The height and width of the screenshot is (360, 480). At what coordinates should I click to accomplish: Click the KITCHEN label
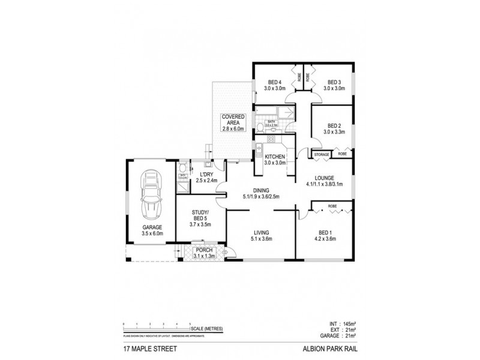(275, 158)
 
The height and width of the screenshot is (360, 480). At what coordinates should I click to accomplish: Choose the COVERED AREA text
(232, 119)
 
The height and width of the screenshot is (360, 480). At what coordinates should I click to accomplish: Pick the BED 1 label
(324, 235)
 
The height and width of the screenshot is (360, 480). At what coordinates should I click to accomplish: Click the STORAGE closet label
(322, 154)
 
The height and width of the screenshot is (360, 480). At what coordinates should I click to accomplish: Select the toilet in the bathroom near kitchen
(260, 125)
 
